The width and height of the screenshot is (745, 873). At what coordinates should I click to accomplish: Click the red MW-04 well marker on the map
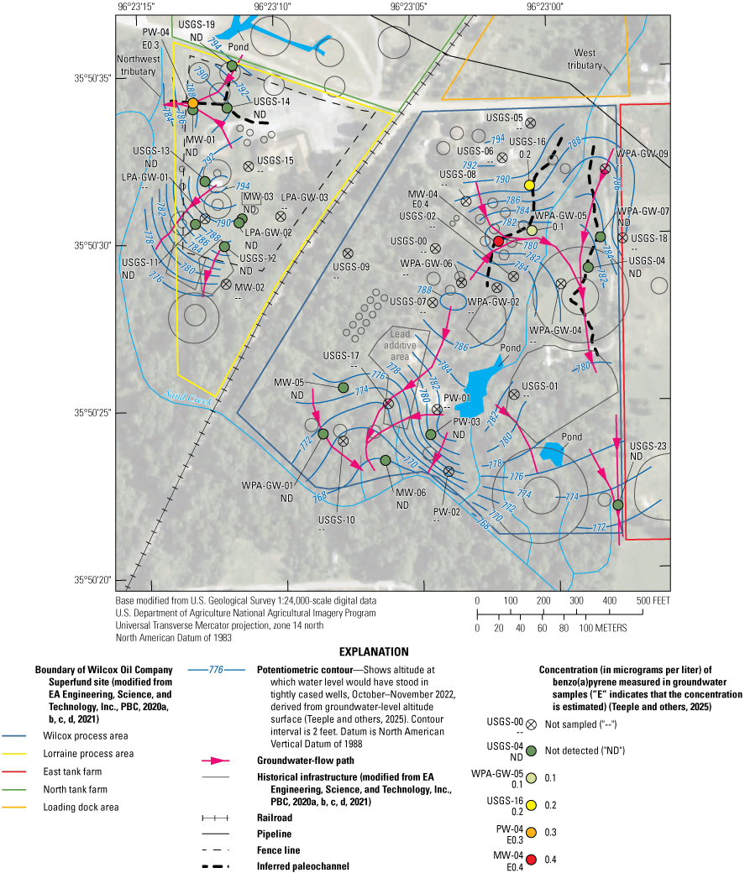[497, 241]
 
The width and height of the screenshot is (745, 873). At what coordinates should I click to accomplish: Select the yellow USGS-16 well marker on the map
[529, 185]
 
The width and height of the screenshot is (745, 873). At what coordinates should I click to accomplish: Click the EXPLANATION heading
[372, 651]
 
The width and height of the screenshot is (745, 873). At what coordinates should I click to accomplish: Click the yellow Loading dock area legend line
[17, 808]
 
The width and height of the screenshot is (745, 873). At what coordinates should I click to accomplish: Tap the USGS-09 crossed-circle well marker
[348, 253]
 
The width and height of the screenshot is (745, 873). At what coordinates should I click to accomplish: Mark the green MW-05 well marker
[343, 387]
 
